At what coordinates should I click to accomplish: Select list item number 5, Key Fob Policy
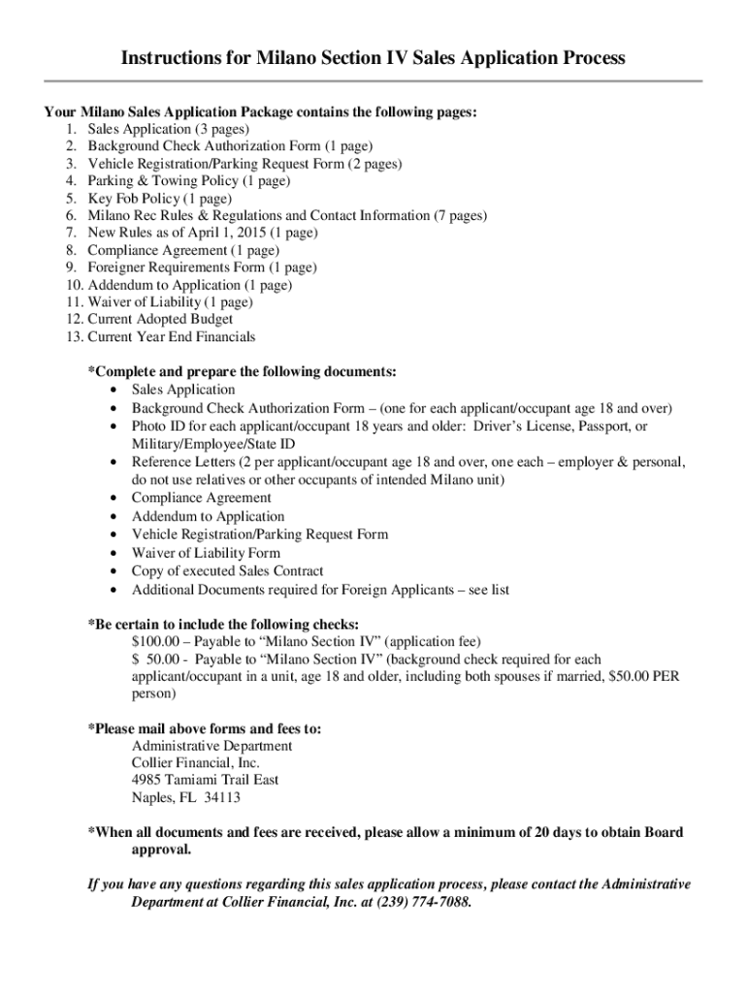pyautogui.click(x=146, y=198)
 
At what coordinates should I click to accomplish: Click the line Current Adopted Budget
pyautogui.click(x=160, y=319)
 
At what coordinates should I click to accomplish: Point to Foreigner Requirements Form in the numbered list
pyautogui.click(x=171, y=268)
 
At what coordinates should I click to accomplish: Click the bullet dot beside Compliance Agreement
pyautogui.click(x=115, y=498)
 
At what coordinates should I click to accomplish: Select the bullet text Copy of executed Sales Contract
pyautogui.click(x=228, y=571)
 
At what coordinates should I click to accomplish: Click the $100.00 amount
pyautogui.click(x=156, y=641)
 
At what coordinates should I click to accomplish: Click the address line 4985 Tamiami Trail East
pyautogui.click(x=206, y=780)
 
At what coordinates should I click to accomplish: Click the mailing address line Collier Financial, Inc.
pyautogui.click(x=196, y=762)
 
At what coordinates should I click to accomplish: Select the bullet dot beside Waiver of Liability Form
pyautogui.click(x=115, y=554)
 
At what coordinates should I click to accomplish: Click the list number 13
pyautogui.click(x=75, y=336)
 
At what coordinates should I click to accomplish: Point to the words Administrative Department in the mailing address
pyautogui.click(x=211, y=746)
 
